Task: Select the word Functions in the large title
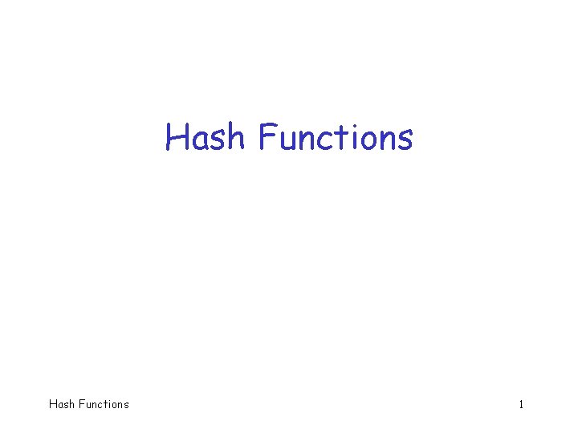[x=336, y=137]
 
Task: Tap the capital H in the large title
[x=177, y=137]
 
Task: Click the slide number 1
[x=521, y=404]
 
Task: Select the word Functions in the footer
[x=103, y=404]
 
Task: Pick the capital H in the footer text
[x=53, y=404]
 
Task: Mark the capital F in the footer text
[x=80, y=404]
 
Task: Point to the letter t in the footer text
[x=105, y=404]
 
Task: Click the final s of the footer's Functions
[x=125, y=405]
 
